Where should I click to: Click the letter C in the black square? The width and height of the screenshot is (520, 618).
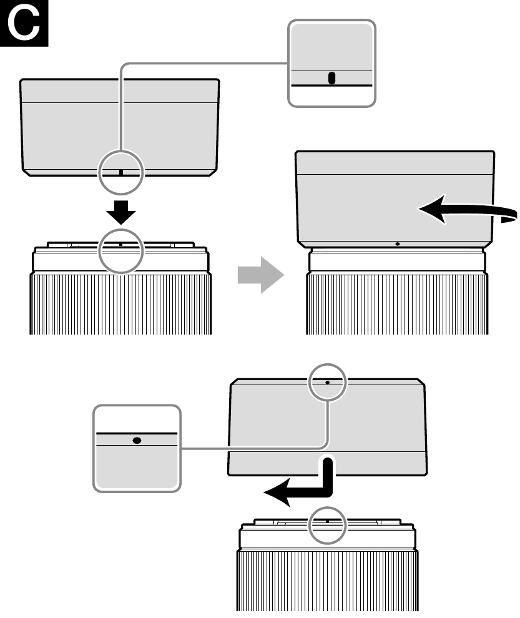(x=24, y=24)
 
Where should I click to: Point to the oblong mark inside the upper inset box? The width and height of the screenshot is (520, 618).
(x=331, y=78)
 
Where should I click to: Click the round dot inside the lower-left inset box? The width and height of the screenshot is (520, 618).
(x=137, y=439)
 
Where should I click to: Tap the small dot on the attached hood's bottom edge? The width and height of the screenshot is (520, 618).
(x=398, y=244)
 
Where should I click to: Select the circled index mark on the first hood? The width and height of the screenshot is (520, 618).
(x=121, y=171)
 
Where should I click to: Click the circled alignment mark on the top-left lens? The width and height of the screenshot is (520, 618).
(x=120, y=245)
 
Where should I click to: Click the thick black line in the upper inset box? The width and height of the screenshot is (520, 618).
(x=331, y=86)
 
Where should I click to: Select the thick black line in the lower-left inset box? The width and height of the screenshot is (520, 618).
(x=137, y=432)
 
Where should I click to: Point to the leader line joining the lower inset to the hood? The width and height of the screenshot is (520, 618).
(x=250, y=447)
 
